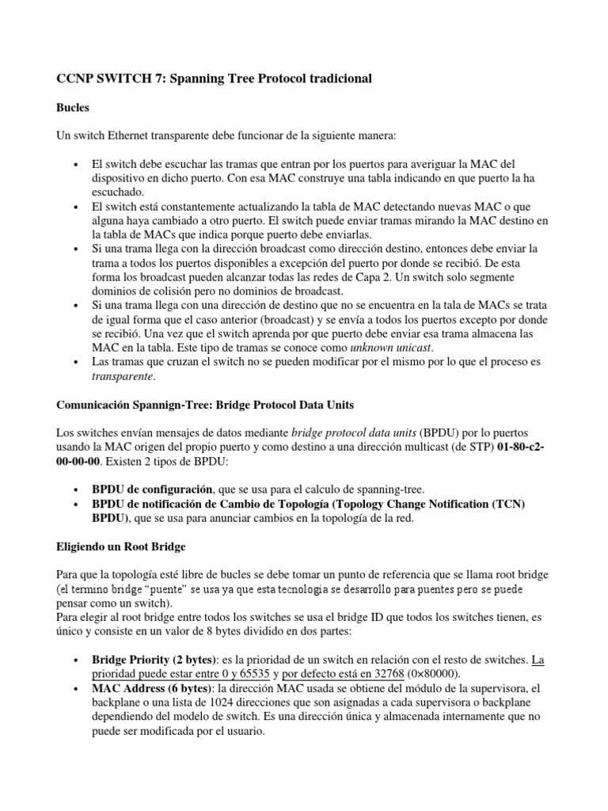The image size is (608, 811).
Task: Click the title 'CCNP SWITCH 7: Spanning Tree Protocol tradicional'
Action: [214, 79]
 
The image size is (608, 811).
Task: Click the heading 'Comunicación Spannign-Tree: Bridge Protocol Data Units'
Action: [205, 405]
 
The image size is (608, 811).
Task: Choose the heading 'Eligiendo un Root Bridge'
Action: [121, 546]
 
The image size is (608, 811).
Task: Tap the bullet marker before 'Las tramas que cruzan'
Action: [74, 362]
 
